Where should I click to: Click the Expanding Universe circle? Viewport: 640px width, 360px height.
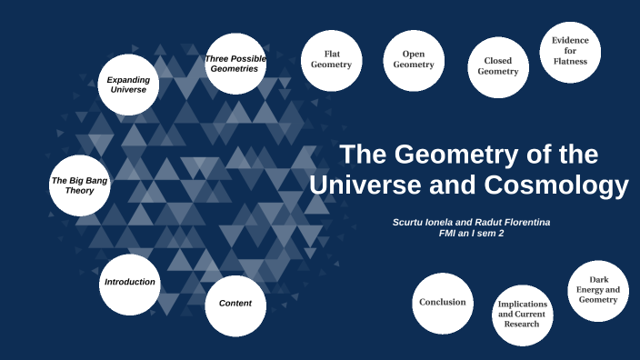(128, 85)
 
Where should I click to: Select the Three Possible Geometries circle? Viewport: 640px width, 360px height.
(235, 64)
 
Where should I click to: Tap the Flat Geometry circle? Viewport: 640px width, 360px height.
(331, 59)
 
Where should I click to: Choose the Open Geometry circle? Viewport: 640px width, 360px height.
(413, 60)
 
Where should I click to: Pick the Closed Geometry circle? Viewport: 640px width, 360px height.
(498, 66)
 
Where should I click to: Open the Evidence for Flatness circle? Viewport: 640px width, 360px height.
(570, 51)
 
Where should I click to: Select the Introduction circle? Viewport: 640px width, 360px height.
(130, 282)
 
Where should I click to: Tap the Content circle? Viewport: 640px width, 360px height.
(235, 303)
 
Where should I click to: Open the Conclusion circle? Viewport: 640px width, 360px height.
(443, 303)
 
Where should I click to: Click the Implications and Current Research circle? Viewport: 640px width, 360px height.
(522, 315)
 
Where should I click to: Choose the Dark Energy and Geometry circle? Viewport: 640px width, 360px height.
(598, 290)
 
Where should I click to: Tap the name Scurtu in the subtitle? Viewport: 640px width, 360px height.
(411, 222)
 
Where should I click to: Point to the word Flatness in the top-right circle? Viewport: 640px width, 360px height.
(570, 62)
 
